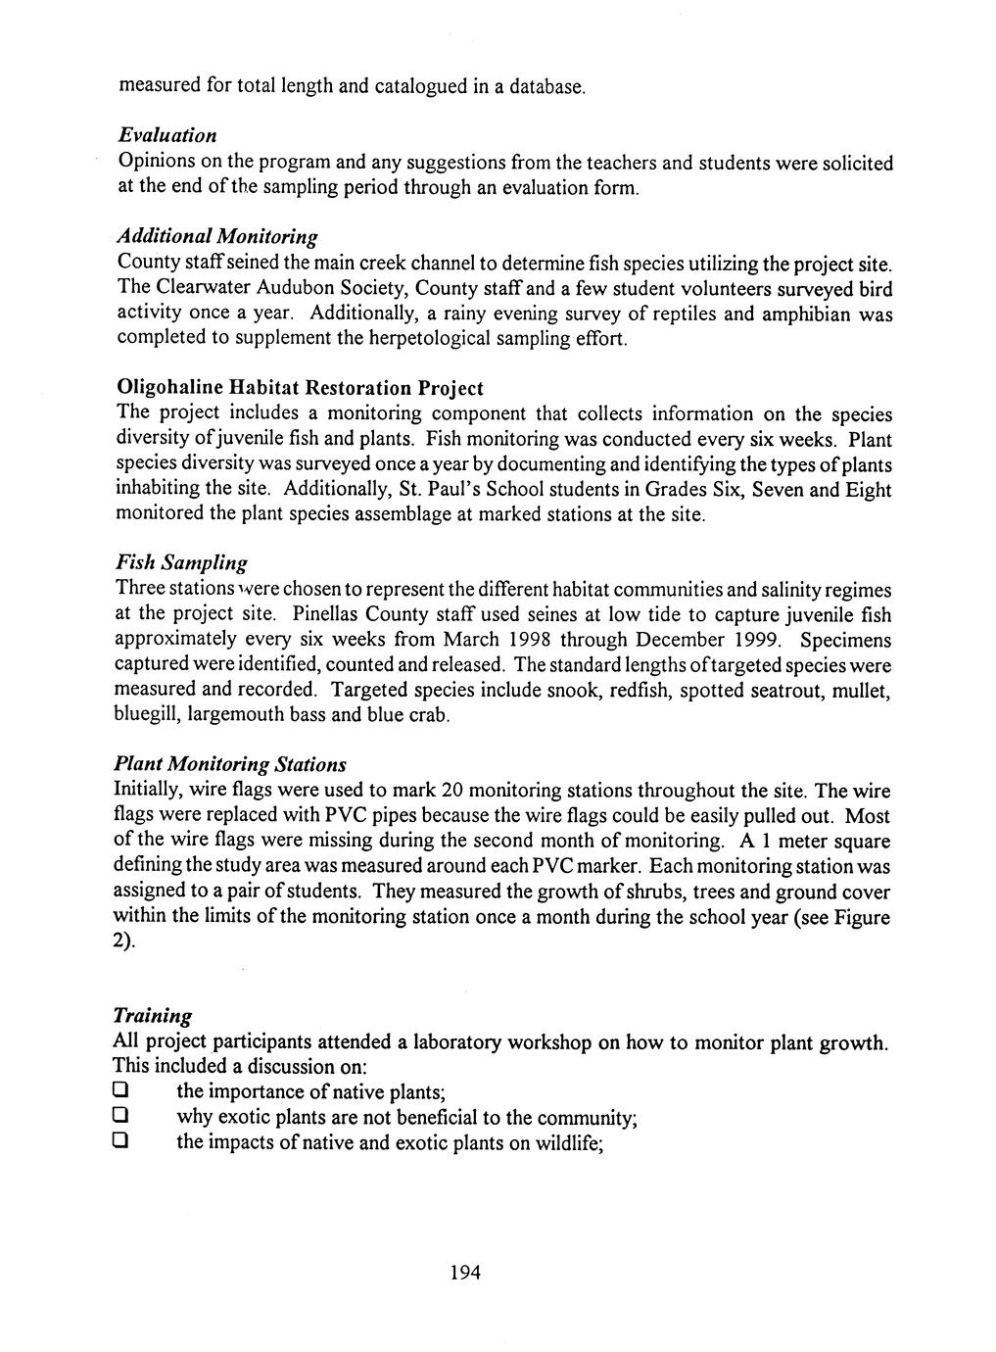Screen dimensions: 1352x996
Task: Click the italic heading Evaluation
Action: (166, 134)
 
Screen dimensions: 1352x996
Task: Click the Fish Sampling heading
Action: (181, 562)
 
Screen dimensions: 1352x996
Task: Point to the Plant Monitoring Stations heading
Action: (230, 763)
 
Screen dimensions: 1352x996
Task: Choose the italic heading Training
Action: (153, 1015)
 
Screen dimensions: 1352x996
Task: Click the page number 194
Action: (465, 1273)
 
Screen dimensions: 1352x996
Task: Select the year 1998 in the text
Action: (539, 640)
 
